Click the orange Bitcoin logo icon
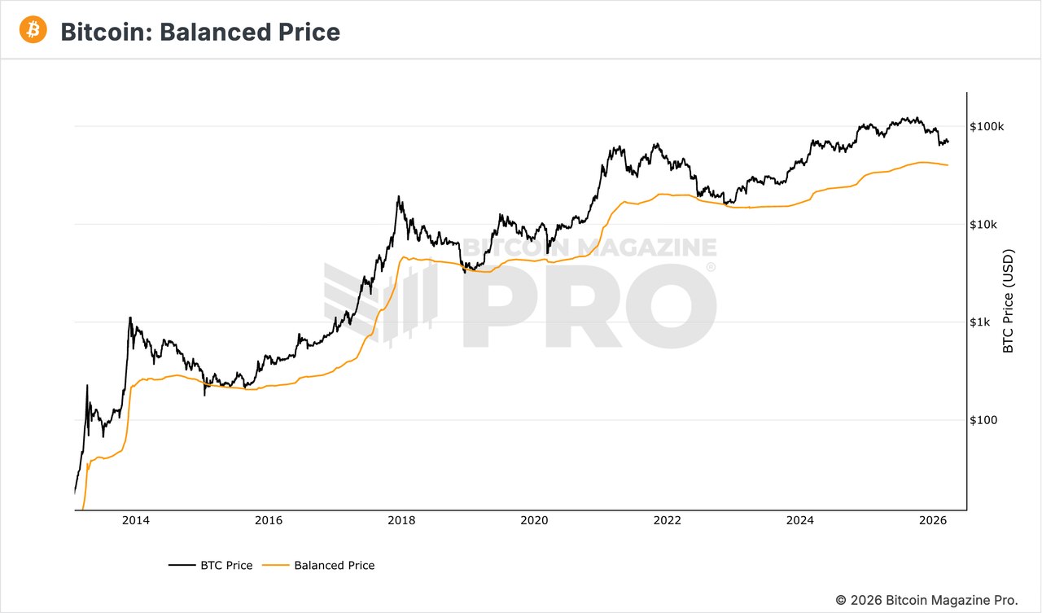tap(33, 30)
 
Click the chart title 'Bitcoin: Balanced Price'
tap(200, 32)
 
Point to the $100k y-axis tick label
tap(987, 127)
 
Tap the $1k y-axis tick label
tap(980, 322)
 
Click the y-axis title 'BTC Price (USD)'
tap(1009, 301)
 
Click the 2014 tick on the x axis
tap(136, 521)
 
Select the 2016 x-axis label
tap(269, 521)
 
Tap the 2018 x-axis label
tap(401, 521)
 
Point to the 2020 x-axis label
tap(534, 521)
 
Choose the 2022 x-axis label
tap(668, 521)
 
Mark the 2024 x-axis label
tap(800, 521)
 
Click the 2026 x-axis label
tap(933, 521)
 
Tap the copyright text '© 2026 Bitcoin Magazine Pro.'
tap(926, 600)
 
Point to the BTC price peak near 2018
tap(398, 196)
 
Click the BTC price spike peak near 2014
tap(129, 317)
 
